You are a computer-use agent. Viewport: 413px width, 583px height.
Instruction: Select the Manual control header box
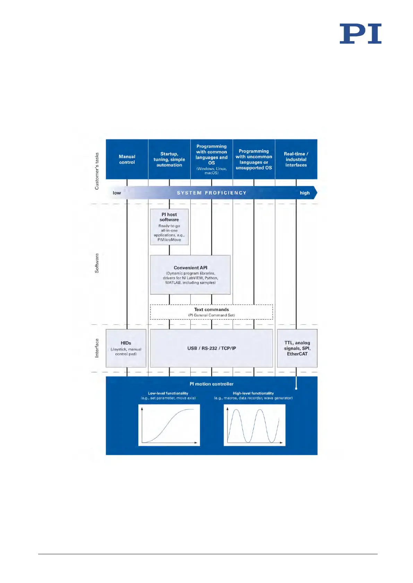127,159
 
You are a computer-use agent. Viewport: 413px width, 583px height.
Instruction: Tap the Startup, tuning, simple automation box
169,159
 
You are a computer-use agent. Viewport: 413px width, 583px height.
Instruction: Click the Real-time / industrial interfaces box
296,159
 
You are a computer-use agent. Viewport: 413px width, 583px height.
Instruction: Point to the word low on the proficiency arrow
117,193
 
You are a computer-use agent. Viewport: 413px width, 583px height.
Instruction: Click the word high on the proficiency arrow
304,193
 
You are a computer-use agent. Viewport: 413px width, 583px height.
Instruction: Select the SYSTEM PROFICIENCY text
212,193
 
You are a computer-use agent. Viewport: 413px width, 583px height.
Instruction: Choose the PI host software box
169,227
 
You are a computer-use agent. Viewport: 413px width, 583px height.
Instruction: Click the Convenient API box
190,275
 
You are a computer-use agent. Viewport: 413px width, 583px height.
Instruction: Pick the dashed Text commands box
212,312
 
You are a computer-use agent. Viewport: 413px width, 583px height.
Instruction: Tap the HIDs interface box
126,348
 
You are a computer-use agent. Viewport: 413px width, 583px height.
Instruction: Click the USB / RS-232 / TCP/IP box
212,348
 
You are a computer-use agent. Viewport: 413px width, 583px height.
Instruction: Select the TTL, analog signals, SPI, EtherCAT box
297,348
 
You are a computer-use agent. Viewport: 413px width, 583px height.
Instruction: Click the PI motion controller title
212,384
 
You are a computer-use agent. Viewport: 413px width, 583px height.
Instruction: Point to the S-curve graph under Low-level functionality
169,425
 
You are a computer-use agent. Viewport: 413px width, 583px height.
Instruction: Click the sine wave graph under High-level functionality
255,425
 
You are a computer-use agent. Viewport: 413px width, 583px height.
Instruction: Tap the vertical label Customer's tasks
97,171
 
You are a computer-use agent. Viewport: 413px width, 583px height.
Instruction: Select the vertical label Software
97,263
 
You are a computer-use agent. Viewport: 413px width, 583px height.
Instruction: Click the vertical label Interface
97,348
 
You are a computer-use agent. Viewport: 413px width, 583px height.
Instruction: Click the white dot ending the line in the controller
296,388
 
